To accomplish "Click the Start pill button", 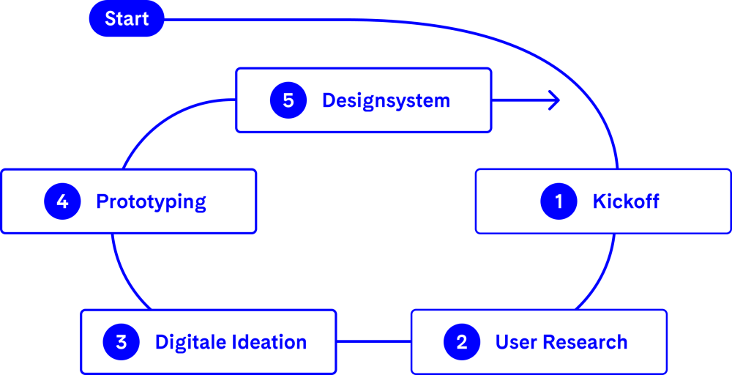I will point(127,19).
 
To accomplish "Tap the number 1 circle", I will point(559,201).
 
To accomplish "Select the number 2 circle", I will point(462,342).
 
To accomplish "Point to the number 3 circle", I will point(122,342).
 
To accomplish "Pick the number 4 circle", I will point(62,201).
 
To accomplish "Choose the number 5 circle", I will point(288,100).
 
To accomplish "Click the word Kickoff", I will point(626,201).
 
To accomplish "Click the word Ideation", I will point(267,342).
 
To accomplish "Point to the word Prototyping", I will point(151,201).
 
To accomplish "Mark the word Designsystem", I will point(386,100).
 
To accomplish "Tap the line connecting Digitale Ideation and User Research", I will point(373,341).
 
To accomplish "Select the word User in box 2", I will point(515,342).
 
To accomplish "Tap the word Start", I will point(127,19).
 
